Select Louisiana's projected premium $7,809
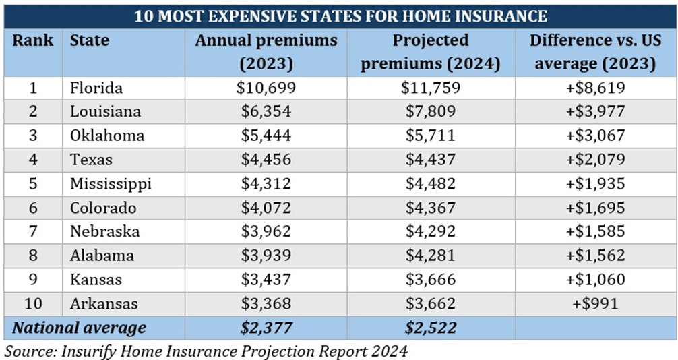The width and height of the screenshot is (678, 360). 431,111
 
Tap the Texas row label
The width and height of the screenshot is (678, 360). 91,160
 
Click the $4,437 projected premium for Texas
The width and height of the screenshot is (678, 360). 431,160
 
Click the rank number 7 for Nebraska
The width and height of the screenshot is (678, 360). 33,231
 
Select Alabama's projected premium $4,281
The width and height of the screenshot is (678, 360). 431,256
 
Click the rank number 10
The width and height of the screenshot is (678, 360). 33,303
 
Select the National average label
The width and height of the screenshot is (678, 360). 80,328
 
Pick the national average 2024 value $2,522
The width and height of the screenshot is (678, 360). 431,328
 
